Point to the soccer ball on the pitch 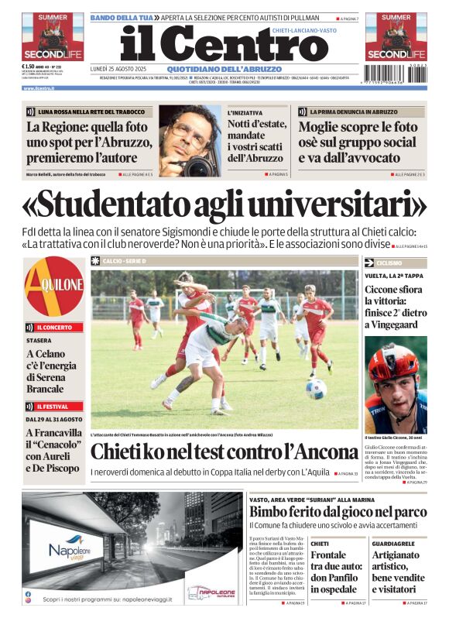pyautogui.click(x=316, y=389)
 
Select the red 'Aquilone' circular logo pyautogui.click(x=54, y=286)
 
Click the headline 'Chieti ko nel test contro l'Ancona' pyautogui.click(x=224, y=452)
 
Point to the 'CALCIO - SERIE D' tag pyautogui.click(x=124, y=261)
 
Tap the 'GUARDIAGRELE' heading pyautogui.click(x=393, y=544)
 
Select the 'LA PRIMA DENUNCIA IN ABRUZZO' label pyautogui.click(x=353, y=112)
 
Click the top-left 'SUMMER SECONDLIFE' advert pyautogui.click(x=53, y=36)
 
